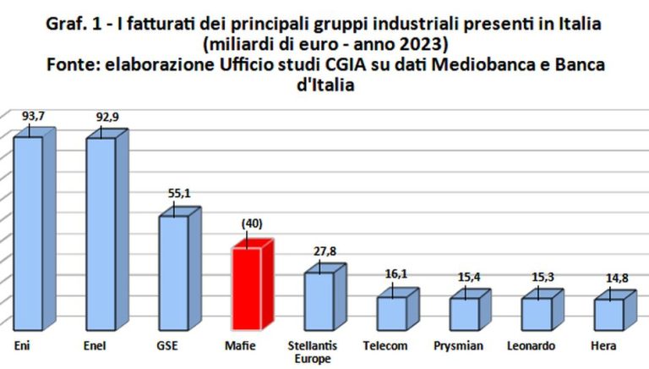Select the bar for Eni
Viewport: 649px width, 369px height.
point(27,233)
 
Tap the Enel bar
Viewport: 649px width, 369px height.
point(101,233)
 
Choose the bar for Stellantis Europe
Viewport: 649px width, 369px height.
point(319,300)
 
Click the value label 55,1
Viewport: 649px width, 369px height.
point(178,194)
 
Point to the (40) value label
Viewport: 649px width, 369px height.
point(252,223)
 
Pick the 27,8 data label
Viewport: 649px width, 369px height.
point(324,252)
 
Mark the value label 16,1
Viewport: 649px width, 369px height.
point(396,275)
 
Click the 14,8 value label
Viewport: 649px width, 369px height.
point(614,278)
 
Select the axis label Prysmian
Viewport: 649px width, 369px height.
point(457,346)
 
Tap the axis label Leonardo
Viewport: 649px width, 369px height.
point(531,346)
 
